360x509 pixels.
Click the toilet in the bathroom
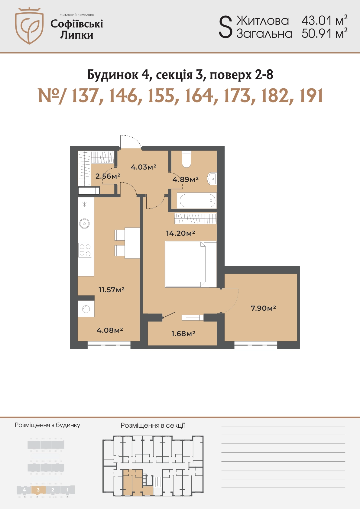[186, 159]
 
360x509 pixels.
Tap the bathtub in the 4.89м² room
[198, 201]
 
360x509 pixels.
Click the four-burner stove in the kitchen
[85, 250]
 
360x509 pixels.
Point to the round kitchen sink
[84, 224]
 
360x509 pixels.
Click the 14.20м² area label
[180, 233]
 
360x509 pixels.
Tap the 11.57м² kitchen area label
[111, 290]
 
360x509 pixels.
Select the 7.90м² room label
[263, 308]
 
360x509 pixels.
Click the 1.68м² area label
[183, 333]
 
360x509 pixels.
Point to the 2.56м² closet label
[108, 176]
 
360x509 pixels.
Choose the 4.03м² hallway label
[143, 167]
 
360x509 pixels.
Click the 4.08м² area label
[110, 330]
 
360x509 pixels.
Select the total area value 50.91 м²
[325, 34]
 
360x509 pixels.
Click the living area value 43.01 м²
[325, 21]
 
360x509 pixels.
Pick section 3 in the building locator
[38, 490]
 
